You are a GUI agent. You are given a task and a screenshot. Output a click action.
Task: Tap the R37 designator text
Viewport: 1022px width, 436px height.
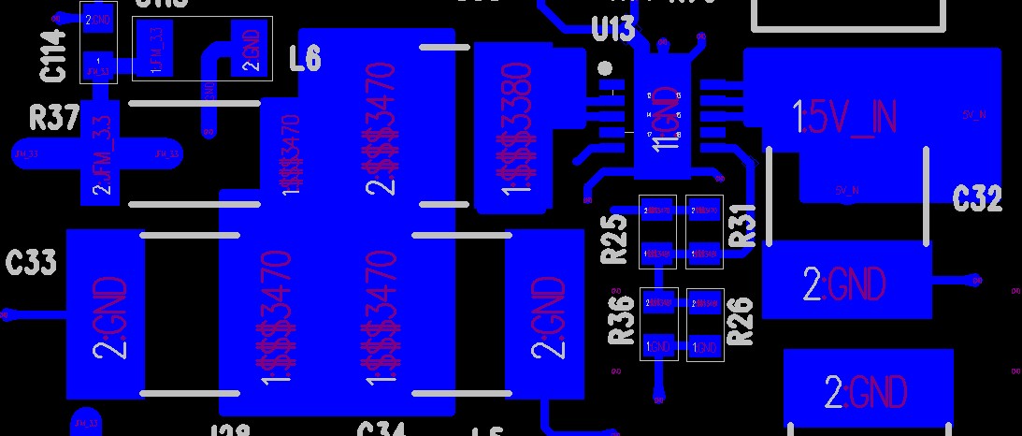pos(53,118)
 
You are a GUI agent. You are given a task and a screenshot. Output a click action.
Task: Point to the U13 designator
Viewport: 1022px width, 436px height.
pos(612,30)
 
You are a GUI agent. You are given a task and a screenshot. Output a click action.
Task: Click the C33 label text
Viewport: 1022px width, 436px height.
pos(31,263)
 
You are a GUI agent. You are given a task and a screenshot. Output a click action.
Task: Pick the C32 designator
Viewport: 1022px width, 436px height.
pos(977,198)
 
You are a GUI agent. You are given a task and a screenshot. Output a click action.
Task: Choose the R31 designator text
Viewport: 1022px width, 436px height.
pos(742,225)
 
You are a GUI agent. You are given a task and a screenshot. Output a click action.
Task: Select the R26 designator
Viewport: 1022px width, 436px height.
pos(740,319)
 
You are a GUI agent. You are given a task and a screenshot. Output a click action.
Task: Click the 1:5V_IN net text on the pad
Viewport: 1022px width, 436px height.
pos(845,117)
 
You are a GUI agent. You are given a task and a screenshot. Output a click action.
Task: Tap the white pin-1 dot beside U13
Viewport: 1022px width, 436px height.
pos(606,68)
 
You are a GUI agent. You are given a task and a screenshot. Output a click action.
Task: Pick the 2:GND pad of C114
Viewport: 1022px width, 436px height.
pos(98,19)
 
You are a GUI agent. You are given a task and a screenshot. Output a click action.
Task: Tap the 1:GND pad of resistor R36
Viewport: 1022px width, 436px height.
pos(658,347)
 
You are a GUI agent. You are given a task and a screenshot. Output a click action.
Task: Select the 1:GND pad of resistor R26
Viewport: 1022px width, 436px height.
pos(704,347)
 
